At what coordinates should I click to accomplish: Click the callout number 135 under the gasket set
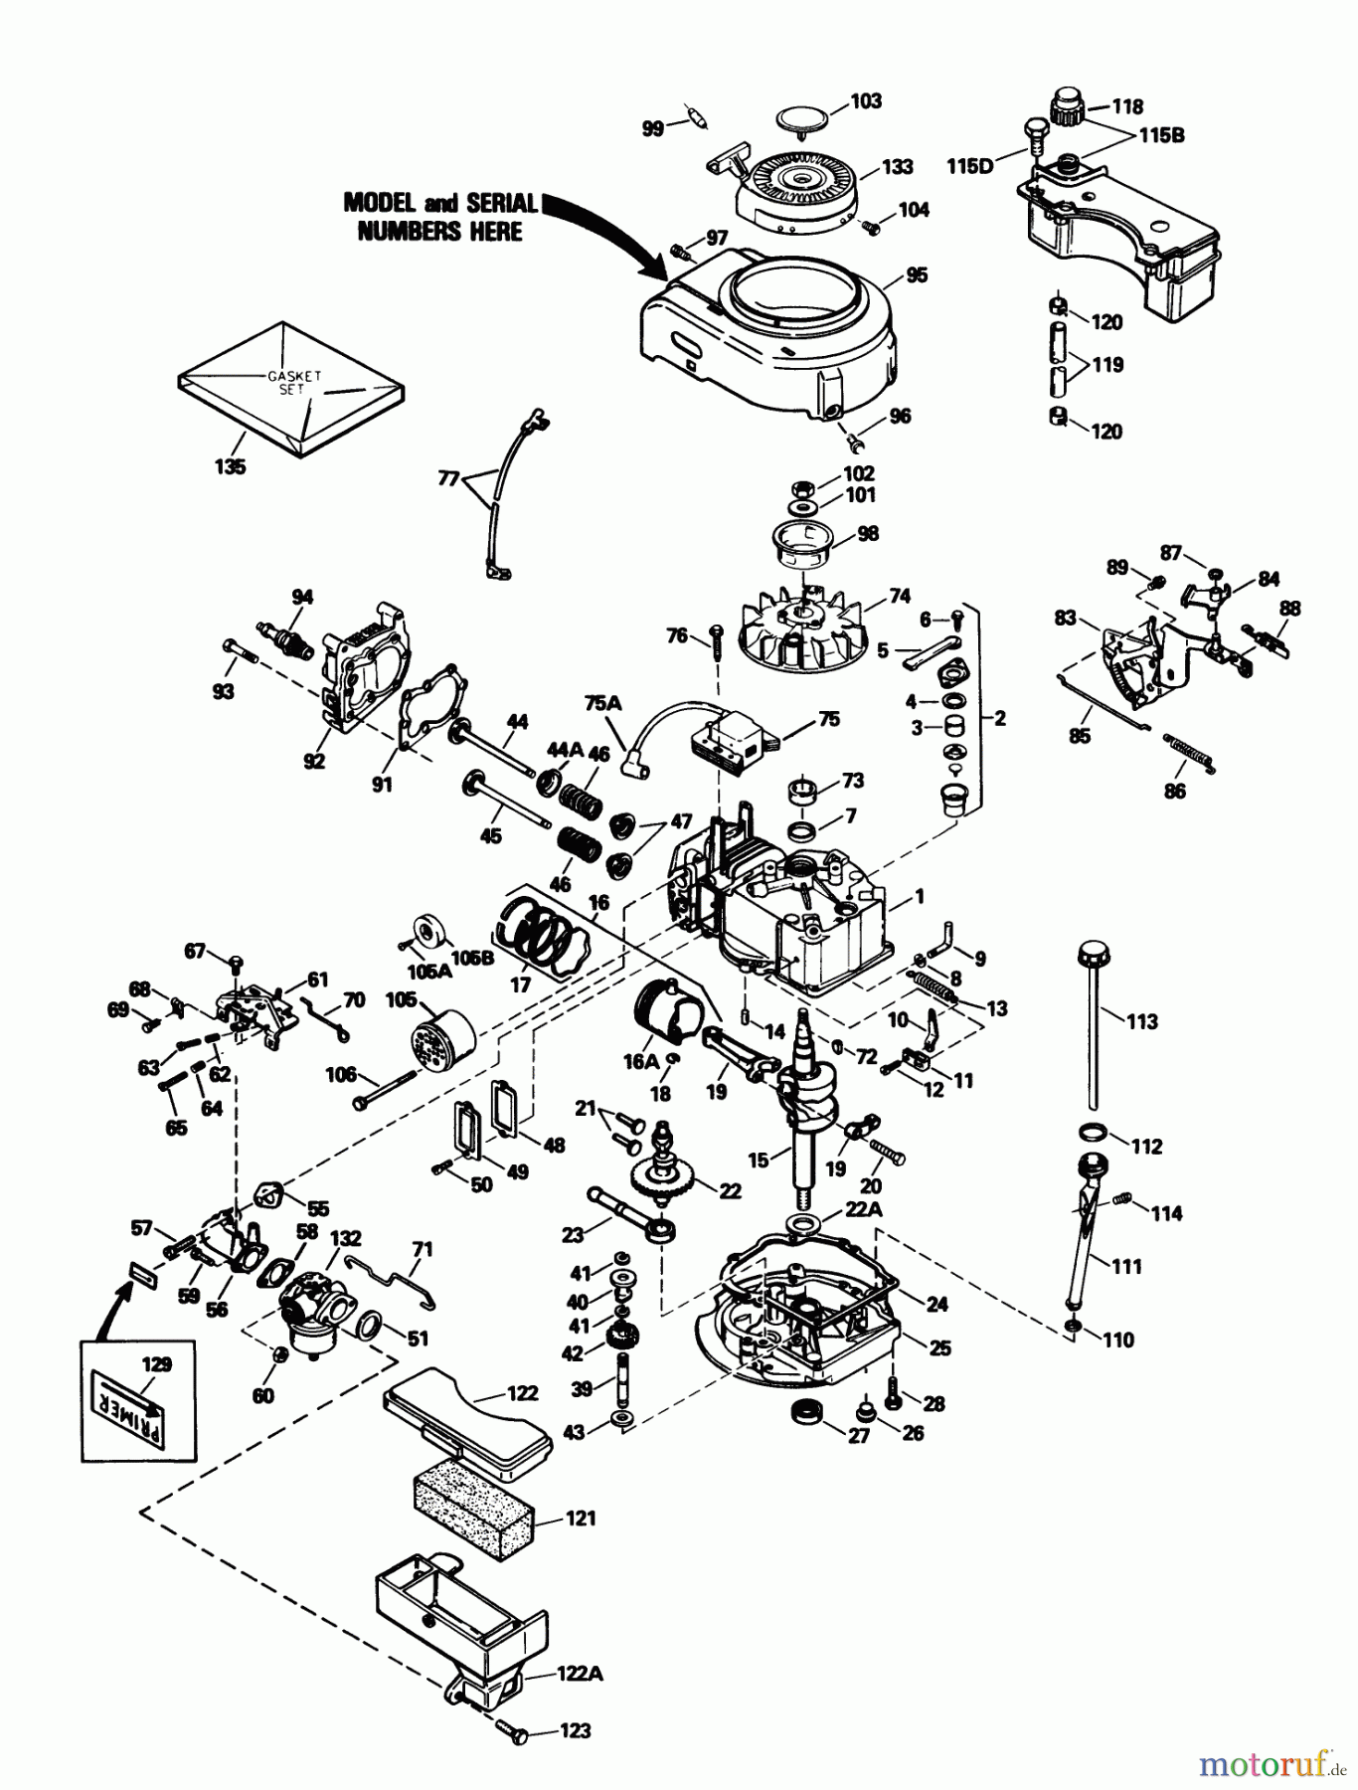[230, 466]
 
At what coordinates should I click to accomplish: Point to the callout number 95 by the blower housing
[916, 275]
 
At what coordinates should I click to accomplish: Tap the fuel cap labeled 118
[1068, 103]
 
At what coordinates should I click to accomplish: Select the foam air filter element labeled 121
[473, 1514]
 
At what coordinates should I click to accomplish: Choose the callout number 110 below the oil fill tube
[1117, 1341]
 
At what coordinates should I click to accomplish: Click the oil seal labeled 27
[801, 1409]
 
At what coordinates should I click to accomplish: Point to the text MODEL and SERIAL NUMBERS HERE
[440, 217]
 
